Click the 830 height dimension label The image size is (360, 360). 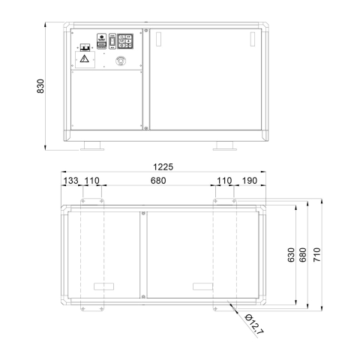(40, 86)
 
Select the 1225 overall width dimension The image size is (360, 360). (163, 166)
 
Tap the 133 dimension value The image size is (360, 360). (70, 181)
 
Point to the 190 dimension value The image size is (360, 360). (250, 181)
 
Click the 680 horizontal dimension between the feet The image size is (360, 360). (158, 181)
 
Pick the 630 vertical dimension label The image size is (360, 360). (291, 255)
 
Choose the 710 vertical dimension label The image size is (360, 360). (316, 255)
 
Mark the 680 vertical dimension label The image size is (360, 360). (303, 255)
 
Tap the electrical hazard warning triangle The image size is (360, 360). (85, 58)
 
